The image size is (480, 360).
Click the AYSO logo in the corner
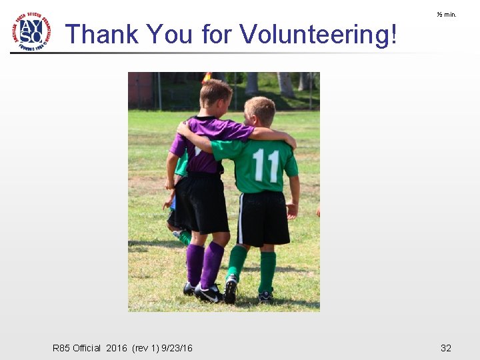(31, 31)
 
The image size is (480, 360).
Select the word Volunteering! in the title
(319, 35)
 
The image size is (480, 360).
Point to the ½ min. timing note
(447, 14)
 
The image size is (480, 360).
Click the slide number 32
(446, 348)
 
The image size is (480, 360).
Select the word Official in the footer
(86, 348)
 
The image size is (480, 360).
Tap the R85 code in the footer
(61, 348)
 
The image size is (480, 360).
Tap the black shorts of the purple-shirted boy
(201, 203)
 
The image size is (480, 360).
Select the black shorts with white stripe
(263, 218)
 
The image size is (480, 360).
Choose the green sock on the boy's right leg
(237, 263)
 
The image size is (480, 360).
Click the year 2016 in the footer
(116, 348)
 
